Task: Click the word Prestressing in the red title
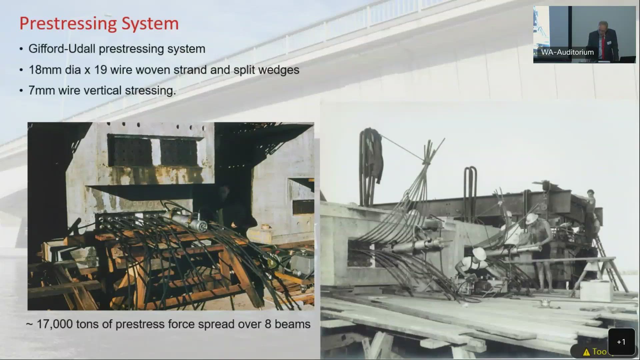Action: click(68, 24)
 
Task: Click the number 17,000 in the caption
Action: click(54, 324)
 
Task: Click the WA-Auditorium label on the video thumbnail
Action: click(567, 52)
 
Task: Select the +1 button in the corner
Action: click(621, 342)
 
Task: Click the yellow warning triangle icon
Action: click(586, 352)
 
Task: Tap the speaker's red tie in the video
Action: click(603, 46)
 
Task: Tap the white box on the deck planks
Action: click(596, 291)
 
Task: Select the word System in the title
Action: click(150, 24)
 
